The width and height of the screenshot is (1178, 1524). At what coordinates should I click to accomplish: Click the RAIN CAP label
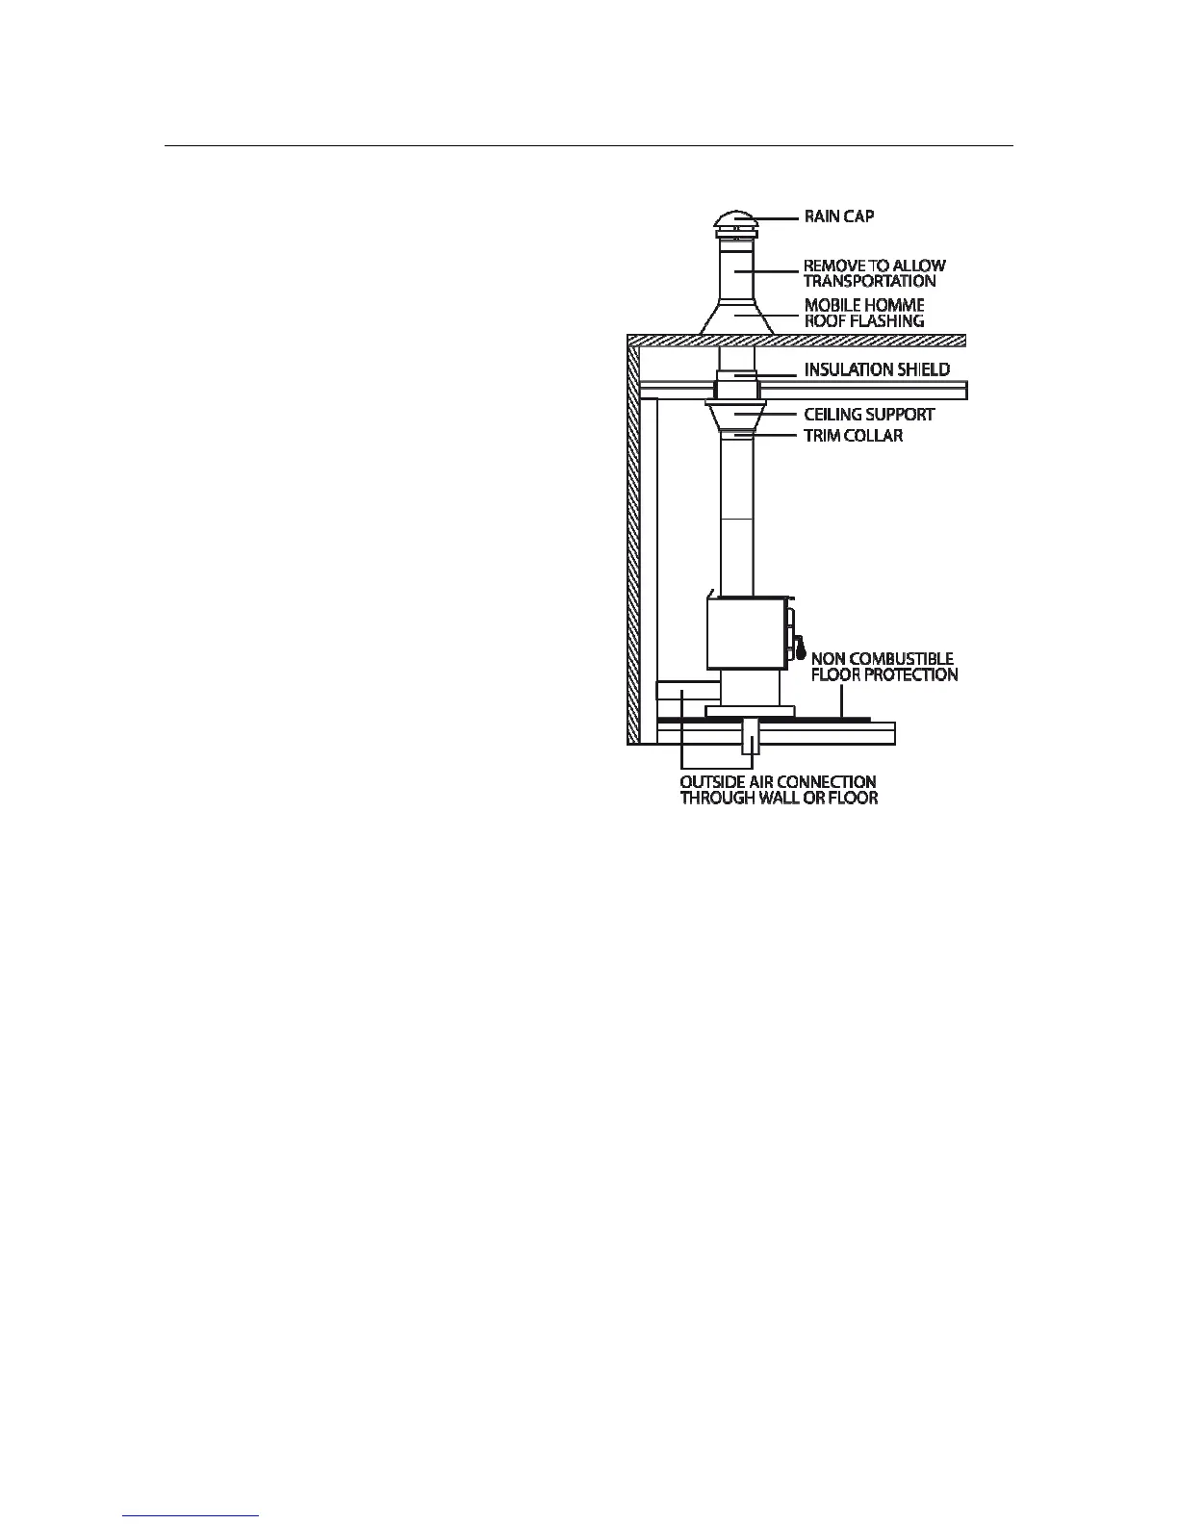(x=838, y=216)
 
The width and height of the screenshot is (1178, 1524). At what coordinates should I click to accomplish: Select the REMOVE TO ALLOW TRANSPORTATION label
(x=874, y=273)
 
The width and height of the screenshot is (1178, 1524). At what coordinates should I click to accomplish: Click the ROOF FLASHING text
(x=863, y=321)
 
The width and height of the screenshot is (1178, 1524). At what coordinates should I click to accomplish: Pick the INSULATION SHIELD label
(x=877, y=369)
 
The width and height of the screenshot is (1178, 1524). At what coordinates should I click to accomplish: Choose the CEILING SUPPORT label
(x=868, y=415)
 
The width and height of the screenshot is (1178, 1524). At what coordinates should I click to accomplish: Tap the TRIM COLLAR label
(x=853, y=436)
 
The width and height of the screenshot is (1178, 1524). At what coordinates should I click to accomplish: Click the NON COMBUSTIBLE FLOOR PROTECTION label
(x=883, y=667)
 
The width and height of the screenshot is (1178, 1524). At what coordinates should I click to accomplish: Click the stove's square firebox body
(x=746, y=632)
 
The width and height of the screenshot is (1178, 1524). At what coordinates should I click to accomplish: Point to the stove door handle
(x=798, y=648)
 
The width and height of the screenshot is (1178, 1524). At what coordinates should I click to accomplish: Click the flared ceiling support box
(x=736, y=416)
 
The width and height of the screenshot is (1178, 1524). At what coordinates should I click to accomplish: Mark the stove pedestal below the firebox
(x=750, y=689)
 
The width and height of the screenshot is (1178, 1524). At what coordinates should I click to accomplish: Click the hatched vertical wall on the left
(x=633, y=539)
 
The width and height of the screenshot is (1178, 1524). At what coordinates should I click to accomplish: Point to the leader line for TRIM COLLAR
(x=777, y=436)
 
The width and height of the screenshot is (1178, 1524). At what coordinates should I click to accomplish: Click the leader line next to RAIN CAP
(x=779, y=216)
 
